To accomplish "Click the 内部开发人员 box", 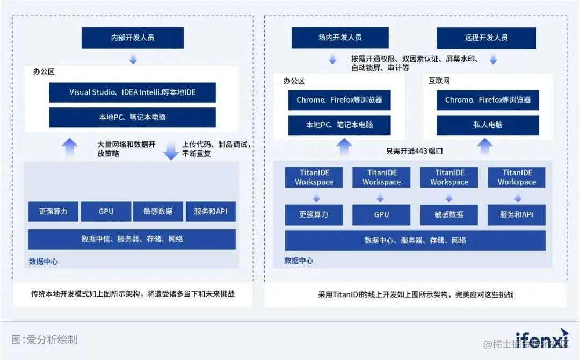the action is [x=132, y=38].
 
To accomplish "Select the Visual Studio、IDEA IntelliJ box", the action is [x=132, y=92].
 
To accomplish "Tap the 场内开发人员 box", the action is [x=340, y=38].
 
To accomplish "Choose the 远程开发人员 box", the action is [x=486, y=38].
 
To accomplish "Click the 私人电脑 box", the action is [x=488, y=125].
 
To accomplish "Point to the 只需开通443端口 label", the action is [x=415, y=151].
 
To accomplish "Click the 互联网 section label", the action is [x=439, y=81].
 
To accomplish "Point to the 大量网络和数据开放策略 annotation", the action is [x=127, y=149].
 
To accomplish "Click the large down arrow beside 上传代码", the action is [x=171, y=150].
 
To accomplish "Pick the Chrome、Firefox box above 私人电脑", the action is [x=488, y=100].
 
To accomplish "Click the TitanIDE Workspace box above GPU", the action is [x=381, y=177].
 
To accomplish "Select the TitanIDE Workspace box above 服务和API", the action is [x=516, y=177].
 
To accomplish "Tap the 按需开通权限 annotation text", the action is [x=414, y=63].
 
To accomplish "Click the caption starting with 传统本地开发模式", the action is [x=132, y=294].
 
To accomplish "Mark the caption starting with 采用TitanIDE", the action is [x=415, y=294].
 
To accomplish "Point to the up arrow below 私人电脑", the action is [x=485, y=145].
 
